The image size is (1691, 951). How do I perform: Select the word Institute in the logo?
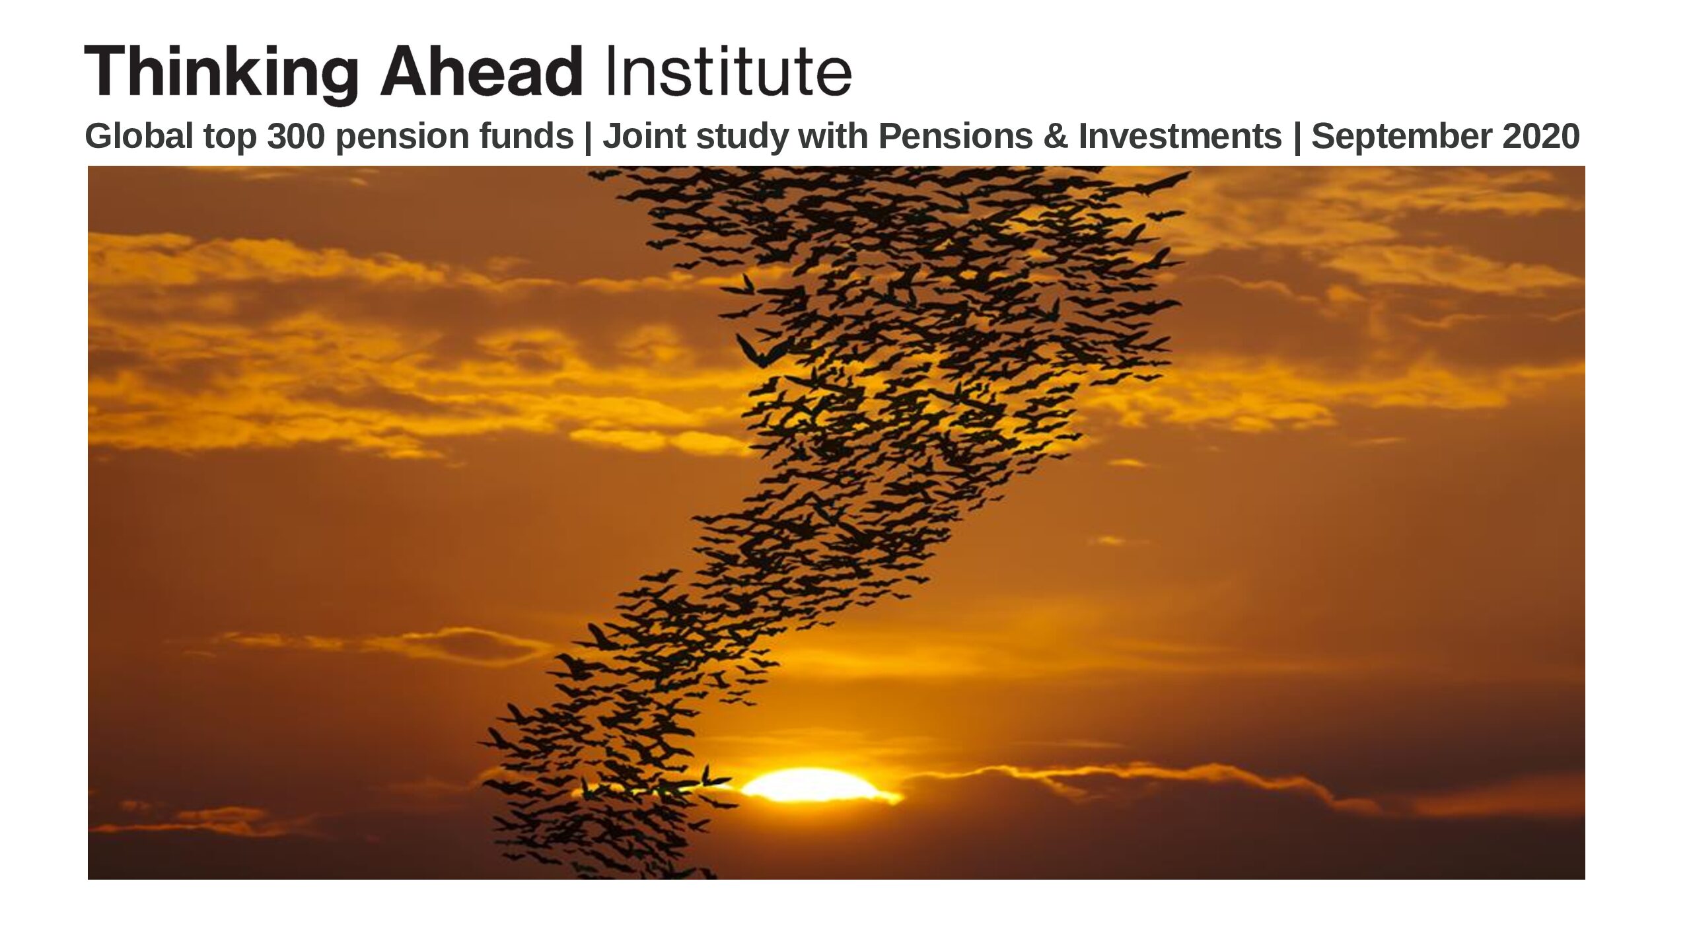(728, 71)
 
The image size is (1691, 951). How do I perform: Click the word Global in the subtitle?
(139, 137)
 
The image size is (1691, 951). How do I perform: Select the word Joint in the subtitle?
(644, 137)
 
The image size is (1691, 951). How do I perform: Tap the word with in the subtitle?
(834, 137)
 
